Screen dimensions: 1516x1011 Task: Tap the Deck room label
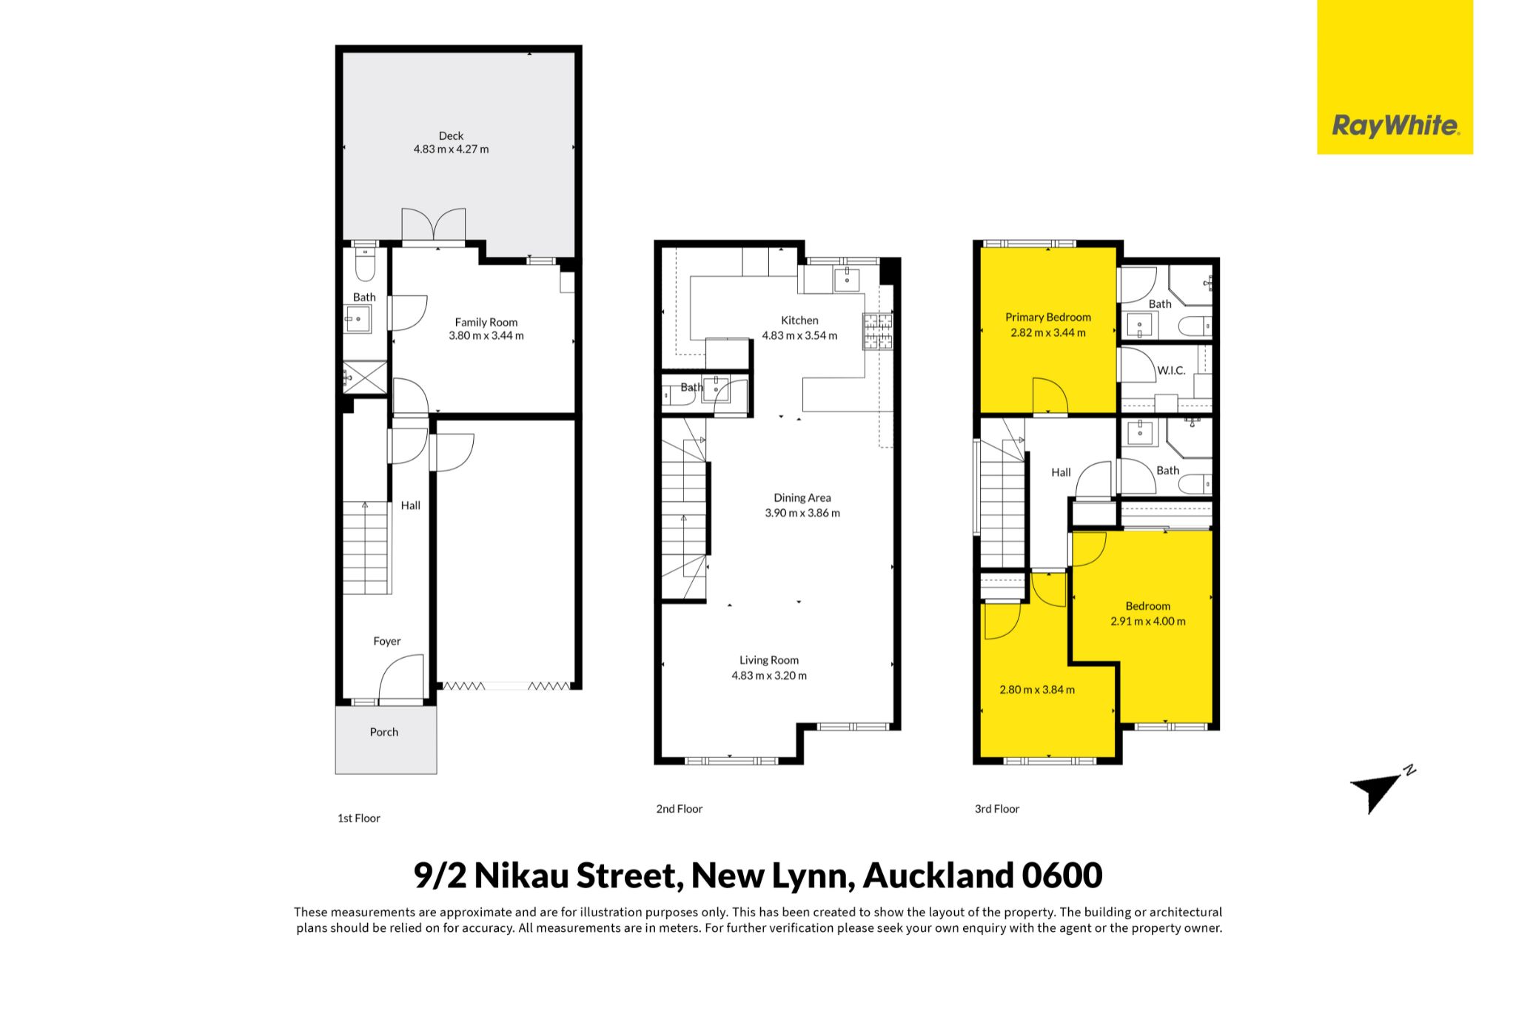451,135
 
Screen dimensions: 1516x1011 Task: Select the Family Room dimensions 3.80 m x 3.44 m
486,335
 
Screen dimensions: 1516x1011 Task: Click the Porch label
384,732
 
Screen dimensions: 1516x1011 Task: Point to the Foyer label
387,641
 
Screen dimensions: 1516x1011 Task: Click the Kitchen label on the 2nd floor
799,320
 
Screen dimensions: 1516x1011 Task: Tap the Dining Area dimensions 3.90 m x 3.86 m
802,513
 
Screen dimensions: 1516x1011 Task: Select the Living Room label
769,660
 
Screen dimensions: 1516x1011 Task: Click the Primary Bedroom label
1048,318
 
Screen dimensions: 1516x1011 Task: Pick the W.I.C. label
1171,370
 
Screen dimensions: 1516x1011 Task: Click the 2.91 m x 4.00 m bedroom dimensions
1148,622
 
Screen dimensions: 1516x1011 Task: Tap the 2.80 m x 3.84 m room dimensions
1037,690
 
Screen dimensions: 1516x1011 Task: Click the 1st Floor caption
359,818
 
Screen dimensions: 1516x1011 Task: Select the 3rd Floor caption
997,809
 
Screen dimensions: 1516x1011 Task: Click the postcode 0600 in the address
1062,876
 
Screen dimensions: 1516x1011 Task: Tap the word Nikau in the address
522,876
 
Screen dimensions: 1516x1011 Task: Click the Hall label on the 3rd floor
1061,472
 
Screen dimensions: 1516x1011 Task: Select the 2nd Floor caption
680,809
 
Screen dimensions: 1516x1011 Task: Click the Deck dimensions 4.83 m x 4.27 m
451,149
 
